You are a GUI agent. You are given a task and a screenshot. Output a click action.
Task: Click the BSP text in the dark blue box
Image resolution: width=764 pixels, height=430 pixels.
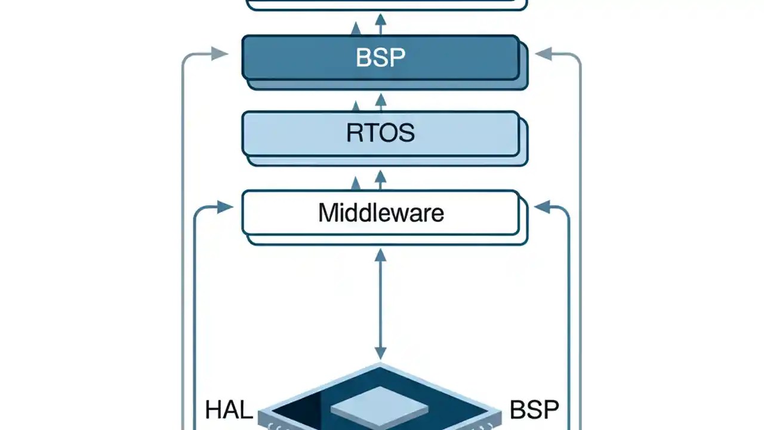pyautogui.click(x=380, y=57)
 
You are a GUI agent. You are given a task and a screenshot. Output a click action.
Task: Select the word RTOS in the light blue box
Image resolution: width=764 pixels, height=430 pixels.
pyautogui.click(x=380, y=133)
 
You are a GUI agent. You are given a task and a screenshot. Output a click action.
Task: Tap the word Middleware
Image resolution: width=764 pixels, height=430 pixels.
pyautogui.click(x=380, y=213)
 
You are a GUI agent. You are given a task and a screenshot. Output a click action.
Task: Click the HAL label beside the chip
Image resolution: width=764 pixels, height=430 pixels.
pyautogui.click(x=229, y=410)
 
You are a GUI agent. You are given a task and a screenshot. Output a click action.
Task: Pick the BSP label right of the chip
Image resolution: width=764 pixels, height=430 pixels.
pyautogui.click(x=534, y=410)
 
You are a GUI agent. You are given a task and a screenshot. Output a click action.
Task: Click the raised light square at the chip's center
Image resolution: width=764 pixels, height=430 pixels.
pyautogui.click(x=380, y=406)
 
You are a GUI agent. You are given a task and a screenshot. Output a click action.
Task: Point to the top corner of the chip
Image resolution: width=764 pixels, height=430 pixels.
pyautogui.click(x=380, y=365)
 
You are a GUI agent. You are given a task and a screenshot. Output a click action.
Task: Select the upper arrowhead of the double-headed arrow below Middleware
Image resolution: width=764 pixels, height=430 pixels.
pyautogui.click(x=380, y=256)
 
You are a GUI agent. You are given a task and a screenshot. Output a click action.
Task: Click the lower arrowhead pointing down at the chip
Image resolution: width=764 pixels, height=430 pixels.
pyautogui.click(x=380, y=353)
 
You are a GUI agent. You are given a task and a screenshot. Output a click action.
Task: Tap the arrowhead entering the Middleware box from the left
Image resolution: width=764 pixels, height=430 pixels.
pyautogui.click(x=225, y=207)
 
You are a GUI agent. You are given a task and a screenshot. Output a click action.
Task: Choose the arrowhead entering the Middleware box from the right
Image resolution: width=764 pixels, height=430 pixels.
pyautogui.click(x=542, y=207)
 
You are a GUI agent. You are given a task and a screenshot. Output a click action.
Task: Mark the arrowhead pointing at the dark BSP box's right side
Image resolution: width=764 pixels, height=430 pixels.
pyautogui.click(x=543, y=54)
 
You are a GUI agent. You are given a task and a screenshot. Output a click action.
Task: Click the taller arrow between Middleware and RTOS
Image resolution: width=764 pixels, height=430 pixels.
pyautogui.click(x=380, y=179)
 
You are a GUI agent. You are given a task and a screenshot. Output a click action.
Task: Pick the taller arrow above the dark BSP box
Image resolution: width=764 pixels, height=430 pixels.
pyautogui.click(x=380, y=24)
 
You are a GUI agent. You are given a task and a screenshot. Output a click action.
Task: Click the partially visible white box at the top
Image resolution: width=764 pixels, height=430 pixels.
pyautogui.click(x=387, y=4)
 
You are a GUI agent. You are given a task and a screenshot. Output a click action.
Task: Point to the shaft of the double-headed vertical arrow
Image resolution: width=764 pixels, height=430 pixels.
pyautogui.click(x=380, y=305)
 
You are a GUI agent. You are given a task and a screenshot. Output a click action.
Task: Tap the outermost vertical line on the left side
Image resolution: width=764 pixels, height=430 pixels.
pyautogui.click(x=183, y=239)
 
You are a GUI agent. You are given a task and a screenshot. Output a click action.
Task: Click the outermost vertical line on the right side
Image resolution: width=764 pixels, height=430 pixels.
pyautogui.click(x=580, y=239)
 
